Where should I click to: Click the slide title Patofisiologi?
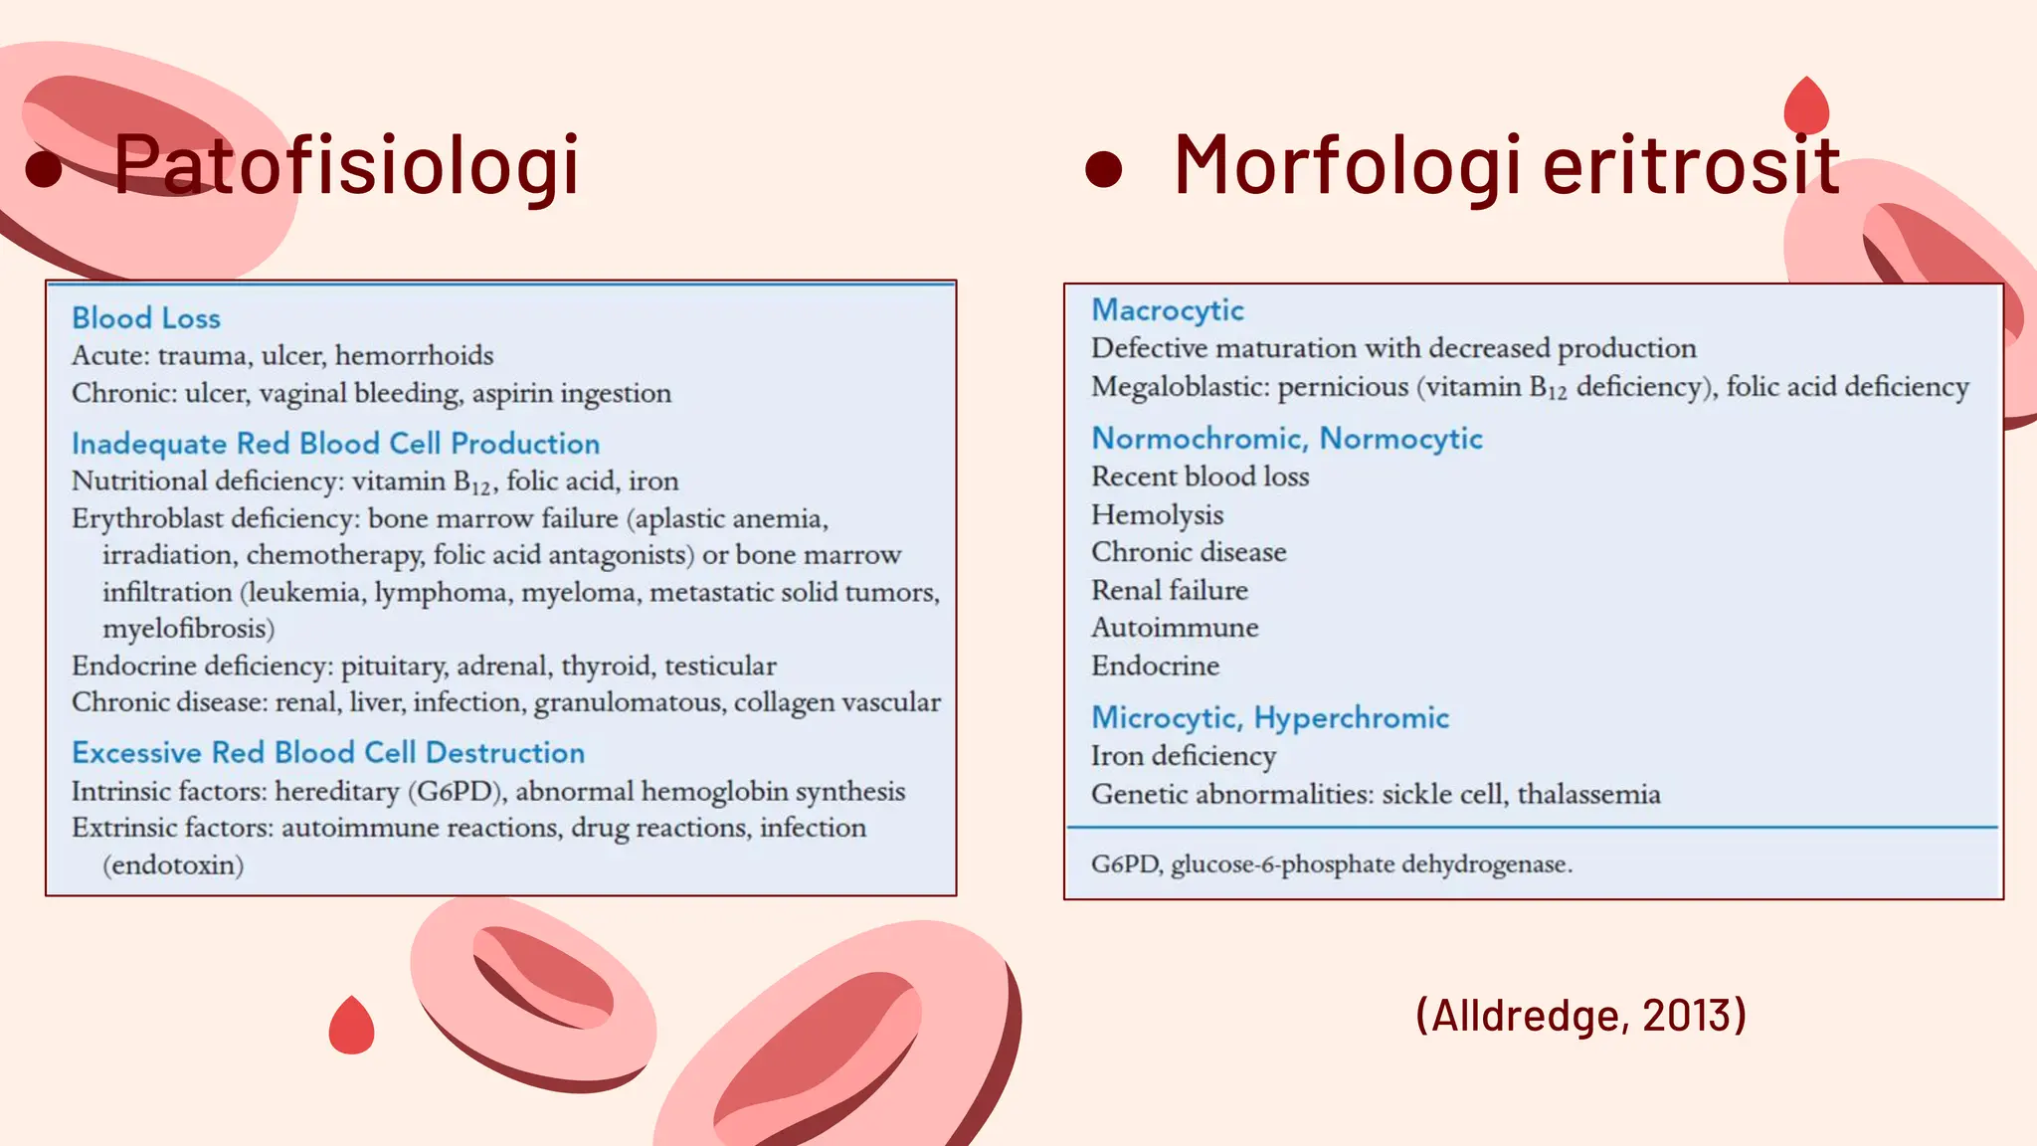click(345, 165)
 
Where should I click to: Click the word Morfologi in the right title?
click(1347, 165)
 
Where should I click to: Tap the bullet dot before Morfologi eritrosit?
click(1103, 169)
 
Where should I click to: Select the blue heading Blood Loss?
click(146, 318)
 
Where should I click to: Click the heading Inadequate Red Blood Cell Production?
click(335, 444)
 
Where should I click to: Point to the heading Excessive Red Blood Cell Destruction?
click(328, 753)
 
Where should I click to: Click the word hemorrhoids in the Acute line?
click(414, 356)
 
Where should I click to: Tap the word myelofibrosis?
click(188, 629)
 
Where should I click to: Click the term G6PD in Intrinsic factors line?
click(455, 792)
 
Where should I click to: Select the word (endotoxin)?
click(173, 865)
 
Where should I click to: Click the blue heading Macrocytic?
click(1168, 310)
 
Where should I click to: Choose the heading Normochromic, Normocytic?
click(1287, 439)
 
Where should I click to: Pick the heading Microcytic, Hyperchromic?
click(1270, 718)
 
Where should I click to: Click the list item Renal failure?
click(1170, 591)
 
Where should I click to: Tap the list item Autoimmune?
click(1175, 628)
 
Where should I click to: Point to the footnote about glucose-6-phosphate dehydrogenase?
click(1331, 864)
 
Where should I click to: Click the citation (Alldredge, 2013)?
click(1580, 1016)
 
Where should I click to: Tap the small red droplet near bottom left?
click(351, 1027)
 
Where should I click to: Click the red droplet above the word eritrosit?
click(1806, 106)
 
